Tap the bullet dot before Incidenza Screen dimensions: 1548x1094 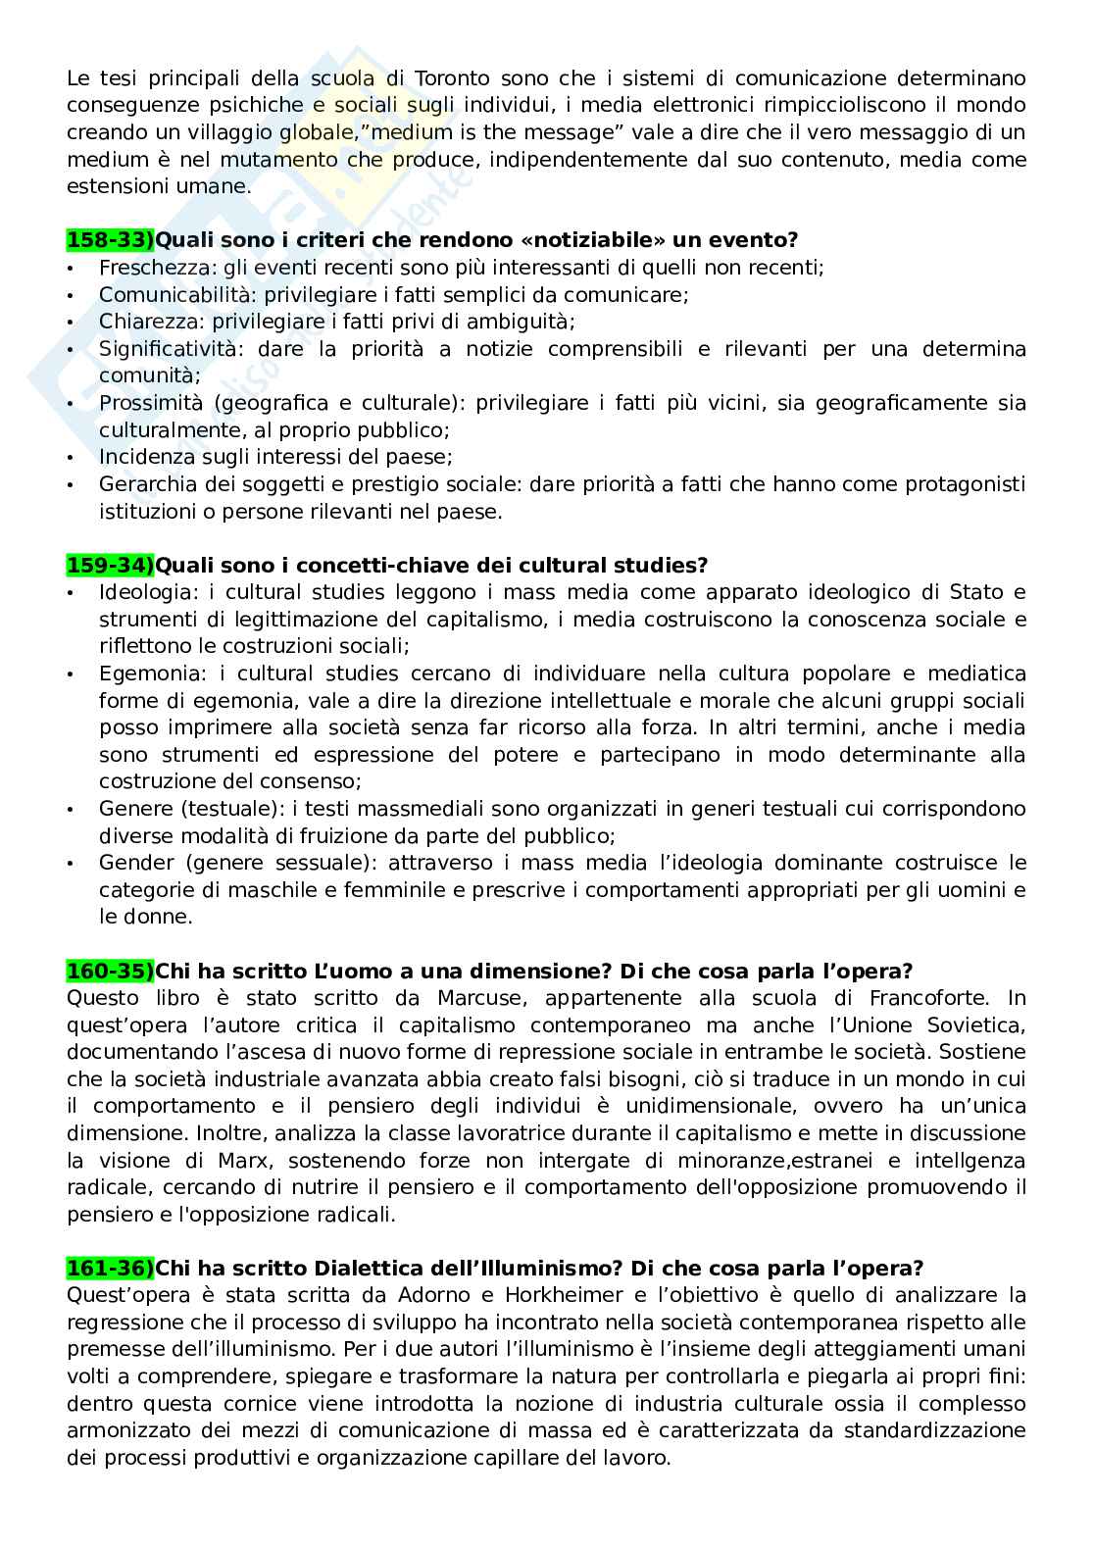pos(71,458)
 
